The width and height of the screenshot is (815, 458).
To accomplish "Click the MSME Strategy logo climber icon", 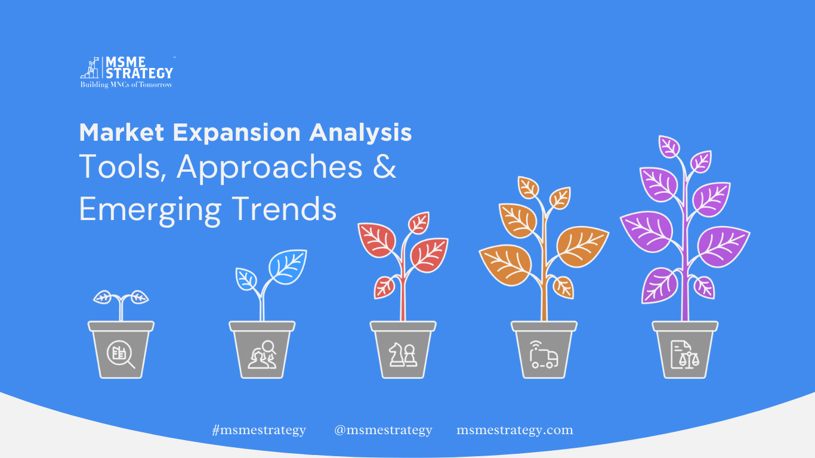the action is point(89,67).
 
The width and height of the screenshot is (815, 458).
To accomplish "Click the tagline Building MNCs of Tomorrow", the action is point(126,85).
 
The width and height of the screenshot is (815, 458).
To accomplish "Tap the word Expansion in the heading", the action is point(236,133).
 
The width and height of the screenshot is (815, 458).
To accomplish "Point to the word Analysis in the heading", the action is point(360,133).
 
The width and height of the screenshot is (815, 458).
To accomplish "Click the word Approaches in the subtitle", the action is point(270,168).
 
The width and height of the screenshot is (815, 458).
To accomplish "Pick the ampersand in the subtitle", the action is point(384,166).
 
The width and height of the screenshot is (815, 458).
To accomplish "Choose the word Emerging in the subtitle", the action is point(150,211).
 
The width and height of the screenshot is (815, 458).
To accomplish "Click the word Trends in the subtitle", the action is point(284,209).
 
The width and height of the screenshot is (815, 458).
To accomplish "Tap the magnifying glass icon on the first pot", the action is point(121,354).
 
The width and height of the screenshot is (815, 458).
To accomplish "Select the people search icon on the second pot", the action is point(262,355).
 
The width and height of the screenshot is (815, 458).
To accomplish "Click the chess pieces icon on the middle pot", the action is point(403,355).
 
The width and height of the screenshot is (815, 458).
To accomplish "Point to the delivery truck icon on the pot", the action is point(544,355).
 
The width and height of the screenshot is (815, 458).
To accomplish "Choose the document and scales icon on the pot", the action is point(685,355).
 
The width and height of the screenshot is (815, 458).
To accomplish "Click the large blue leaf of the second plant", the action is point(288,267).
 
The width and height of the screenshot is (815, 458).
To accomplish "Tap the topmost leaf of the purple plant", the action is point(669,146).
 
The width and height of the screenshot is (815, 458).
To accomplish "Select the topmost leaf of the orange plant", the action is point(528,187).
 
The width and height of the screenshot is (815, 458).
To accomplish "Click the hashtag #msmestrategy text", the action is point(259,431).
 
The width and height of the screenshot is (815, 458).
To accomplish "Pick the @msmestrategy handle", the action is point(383,431).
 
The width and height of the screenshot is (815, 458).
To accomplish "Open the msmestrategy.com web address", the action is point(515,431).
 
